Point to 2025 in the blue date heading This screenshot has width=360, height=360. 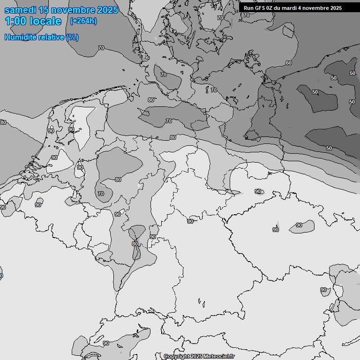108,10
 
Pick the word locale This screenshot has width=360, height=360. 45,21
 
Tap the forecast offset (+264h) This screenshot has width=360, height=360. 83,21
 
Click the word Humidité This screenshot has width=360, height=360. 21,37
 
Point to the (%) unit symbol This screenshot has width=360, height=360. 72,37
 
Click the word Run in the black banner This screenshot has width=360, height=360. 248,8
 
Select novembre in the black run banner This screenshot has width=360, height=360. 315,8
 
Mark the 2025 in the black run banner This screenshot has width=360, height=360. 336,8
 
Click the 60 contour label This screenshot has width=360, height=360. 288,63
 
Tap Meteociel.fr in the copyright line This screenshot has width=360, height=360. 219,356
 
